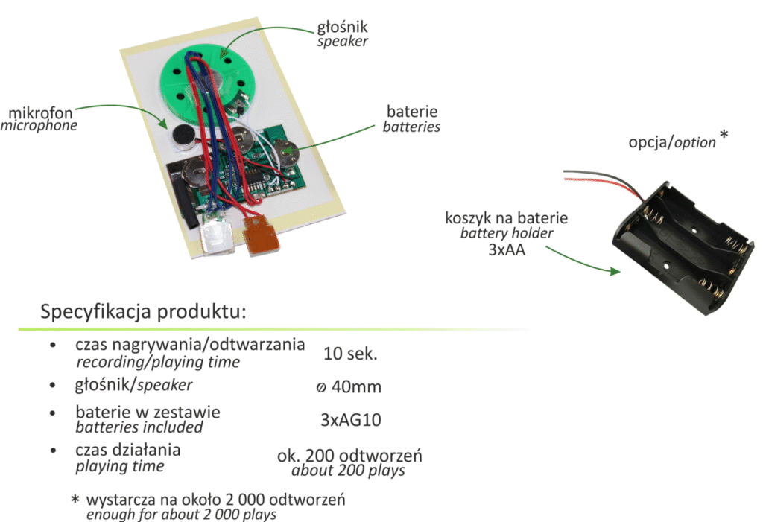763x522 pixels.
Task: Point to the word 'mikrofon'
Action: click(x=40, y=112)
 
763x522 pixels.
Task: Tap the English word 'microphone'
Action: click(x=39, y=126)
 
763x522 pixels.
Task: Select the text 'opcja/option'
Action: click(x=671, y=142)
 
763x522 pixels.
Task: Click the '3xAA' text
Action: click(x=507, y=250)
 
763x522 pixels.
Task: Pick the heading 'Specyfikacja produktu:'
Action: click(x=143, y=311)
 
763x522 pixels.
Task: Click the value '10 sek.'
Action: click(x=350, y=354)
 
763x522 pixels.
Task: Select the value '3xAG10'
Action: click(x=350, y=420)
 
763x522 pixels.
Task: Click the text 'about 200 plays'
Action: click(x=348, y=471)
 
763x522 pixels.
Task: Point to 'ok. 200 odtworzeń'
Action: click(x=349, y=456)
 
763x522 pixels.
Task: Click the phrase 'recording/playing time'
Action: click(x=158, y=363)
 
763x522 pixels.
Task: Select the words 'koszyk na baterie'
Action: click(x=507, y=218)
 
